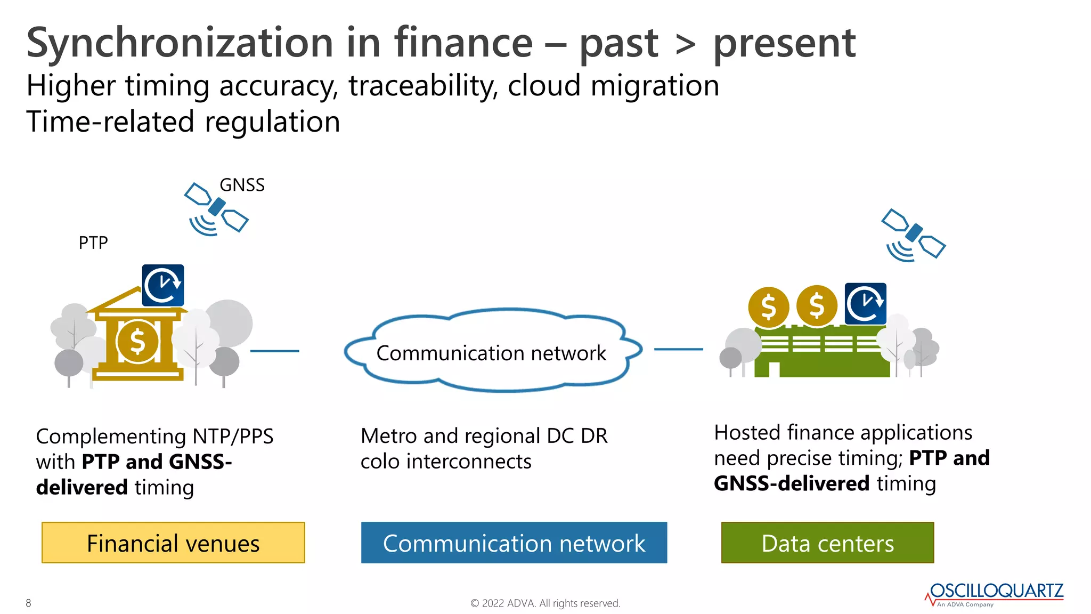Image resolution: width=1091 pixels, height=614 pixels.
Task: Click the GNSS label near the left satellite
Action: click(242, 185)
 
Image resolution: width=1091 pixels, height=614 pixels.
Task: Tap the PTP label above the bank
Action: click(93, 243)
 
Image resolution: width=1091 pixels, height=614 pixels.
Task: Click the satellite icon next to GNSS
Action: click(216, 208)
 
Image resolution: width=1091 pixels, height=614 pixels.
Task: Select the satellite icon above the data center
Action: click(913, 235)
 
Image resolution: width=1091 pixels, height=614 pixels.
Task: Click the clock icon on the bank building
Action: click(163, 285)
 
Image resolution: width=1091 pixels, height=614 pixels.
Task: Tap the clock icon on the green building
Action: click(865, 304)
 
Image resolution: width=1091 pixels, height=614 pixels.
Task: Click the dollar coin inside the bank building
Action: click(137, 342)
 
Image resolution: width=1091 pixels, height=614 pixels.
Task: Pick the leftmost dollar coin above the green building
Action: click(768, 307)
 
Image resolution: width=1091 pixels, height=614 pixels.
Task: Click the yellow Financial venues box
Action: click(173, 543)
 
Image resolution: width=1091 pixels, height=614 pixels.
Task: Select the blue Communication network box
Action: click(514, 543)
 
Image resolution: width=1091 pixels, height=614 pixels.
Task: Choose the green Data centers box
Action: click(827, 543)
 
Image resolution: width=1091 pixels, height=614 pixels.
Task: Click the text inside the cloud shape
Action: click(491, 353)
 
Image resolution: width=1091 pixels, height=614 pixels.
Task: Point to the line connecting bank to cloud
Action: click(274, 351)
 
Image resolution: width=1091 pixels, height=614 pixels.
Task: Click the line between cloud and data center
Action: click(678, 349)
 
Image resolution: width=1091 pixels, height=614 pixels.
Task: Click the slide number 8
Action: click(28, 603)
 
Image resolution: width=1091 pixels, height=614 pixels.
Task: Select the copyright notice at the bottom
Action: click(545, 603)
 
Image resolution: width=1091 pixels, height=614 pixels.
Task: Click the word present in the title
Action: click(784, 44)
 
